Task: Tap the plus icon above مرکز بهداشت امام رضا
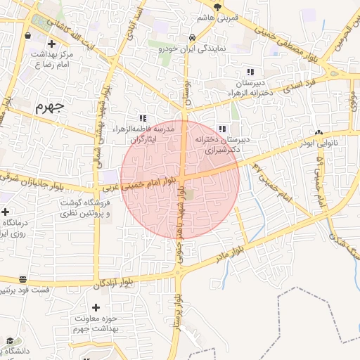[x=51, y=45]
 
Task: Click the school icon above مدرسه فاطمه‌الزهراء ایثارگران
[x=143, y=118]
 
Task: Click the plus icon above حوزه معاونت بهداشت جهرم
[x=96, y=307]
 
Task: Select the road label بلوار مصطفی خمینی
[x=288, y=41]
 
